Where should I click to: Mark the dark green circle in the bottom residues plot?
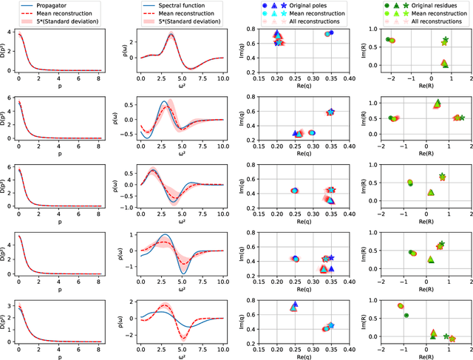[x=406, y=316]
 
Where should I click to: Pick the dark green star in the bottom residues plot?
[x=446, y=336]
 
